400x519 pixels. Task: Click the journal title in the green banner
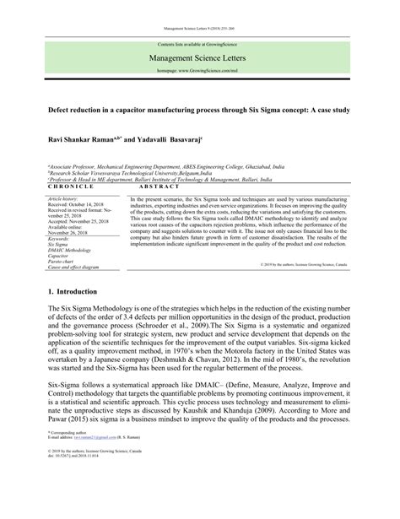pos(200,59)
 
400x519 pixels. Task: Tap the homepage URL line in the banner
pos(200,73)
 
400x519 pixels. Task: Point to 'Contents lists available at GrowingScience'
pos(200,43)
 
